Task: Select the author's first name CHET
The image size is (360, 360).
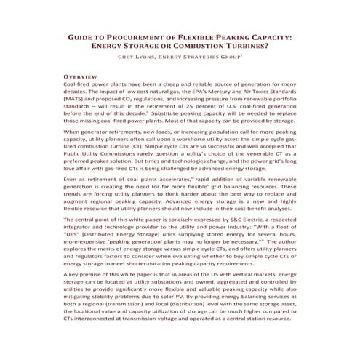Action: click(x=116, y=58)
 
